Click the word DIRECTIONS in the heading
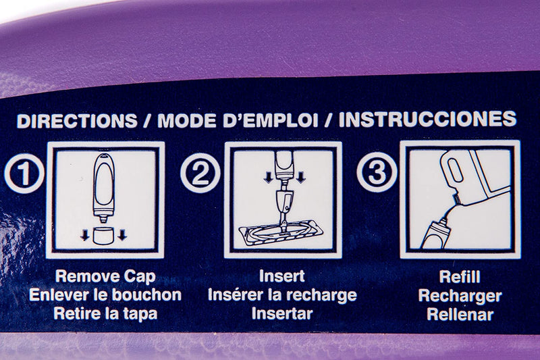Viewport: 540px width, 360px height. pyautogui.click(x=77, y=121)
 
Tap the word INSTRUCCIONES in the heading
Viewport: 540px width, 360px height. pyautogui.click(x=427, y=119)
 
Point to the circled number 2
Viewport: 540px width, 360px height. pyautogui.click(x=200, y=173)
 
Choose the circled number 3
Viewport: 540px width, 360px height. pyautogui.click(x=377, y=172)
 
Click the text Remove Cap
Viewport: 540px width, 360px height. pyautogui.click(x=105, y=276)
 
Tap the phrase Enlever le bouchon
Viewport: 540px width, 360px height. pyautogui.click(x=105, y=295)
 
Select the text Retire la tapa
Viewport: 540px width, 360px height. pyautogui.click(x=105, y=313)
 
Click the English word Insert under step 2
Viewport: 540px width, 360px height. pyautogui.click(x=282, y=276)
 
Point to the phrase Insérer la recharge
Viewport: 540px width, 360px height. pyautogui.click(x=282, y=295)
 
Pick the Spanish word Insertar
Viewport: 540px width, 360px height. pyautogui.click(x=282, y=313)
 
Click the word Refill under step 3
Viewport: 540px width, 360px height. pyautogui.click(x=460, y=277)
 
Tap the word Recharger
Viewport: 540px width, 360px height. pyautogui.click(x=460, y=296)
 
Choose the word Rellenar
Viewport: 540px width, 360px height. pyautogui.click(x=460, y=315)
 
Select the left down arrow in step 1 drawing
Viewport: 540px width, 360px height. pyautogui.click(x=85, y=235)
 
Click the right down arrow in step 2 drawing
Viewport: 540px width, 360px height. pyautogui.click(x=300, y=177)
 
